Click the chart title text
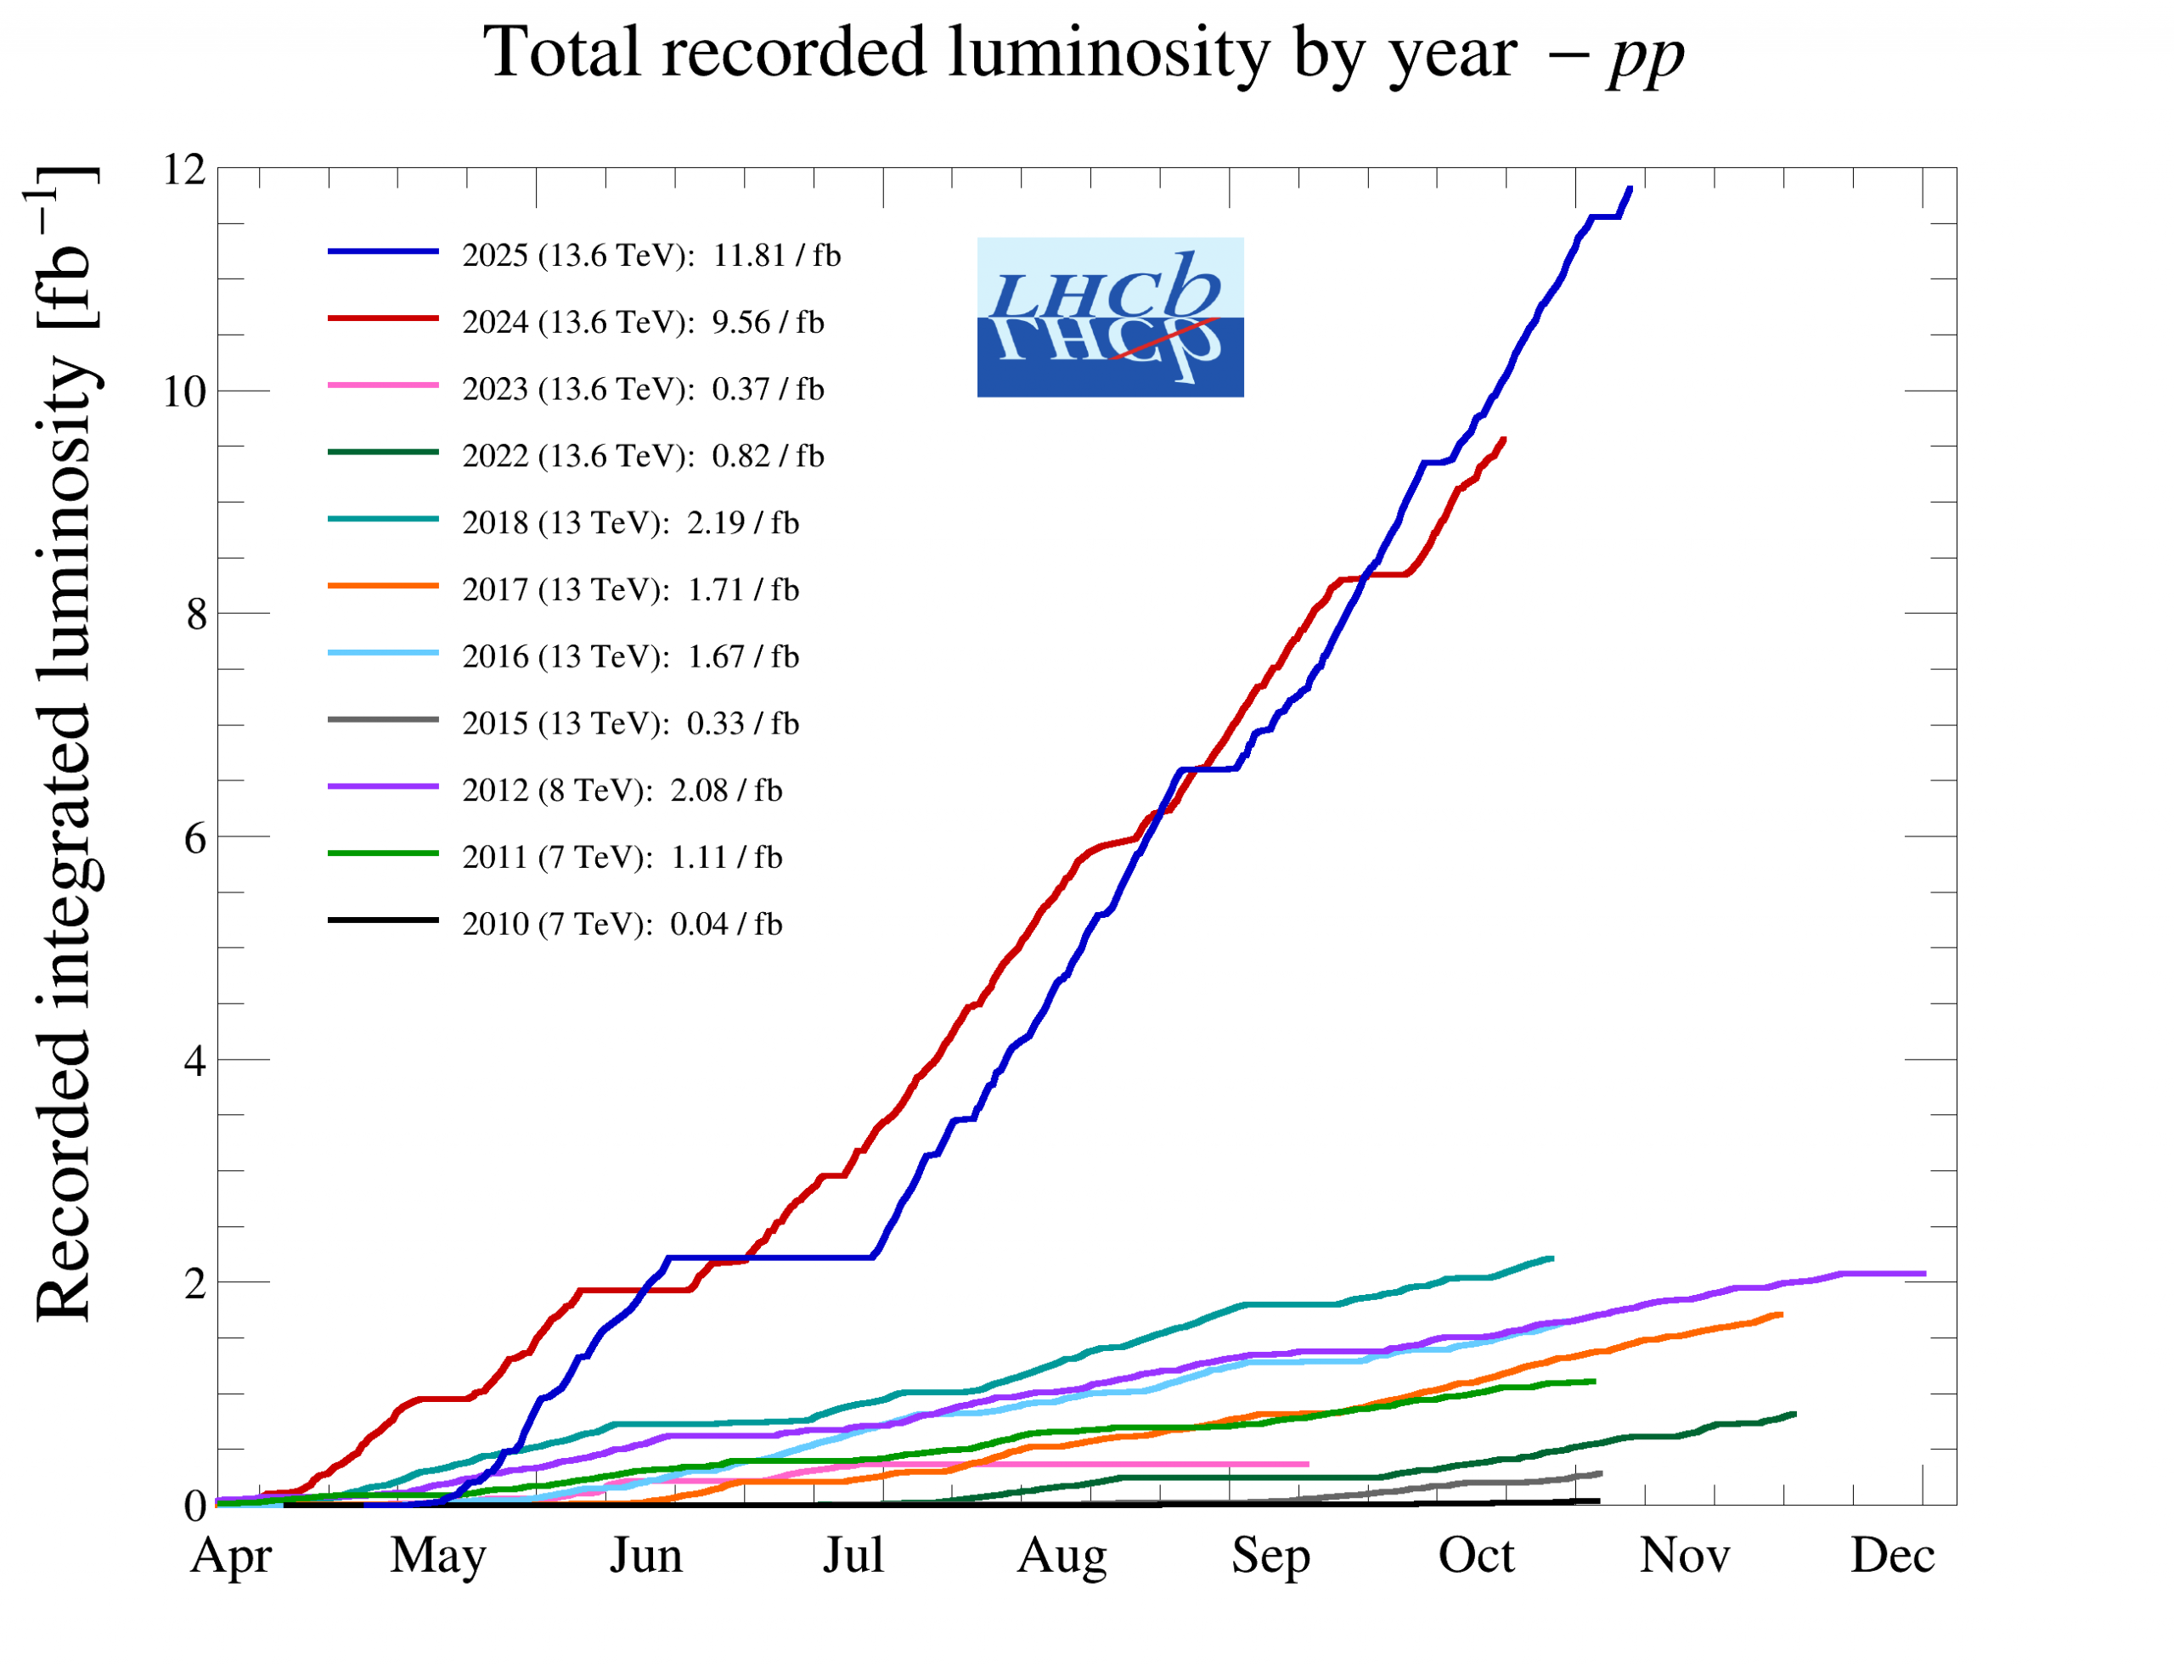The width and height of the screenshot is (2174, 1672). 1083,52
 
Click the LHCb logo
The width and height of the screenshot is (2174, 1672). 1110,318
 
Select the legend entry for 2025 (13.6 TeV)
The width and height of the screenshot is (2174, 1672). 651,256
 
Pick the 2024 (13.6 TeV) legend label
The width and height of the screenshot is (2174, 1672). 643,323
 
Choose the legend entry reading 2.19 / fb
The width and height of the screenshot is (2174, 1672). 630,523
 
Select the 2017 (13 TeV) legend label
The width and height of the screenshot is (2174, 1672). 630,590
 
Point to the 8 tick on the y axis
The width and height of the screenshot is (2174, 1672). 196,615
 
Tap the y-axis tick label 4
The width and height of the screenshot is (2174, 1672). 196,1061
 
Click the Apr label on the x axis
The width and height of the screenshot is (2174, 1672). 231,1556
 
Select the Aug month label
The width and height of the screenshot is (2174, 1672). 1062,1556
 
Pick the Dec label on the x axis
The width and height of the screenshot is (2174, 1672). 1892,1556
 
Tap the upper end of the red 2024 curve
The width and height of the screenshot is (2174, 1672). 1503,439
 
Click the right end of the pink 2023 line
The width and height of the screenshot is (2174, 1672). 1308,1464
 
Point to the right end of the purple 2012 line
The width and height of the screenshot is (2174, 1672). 1924,1274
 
